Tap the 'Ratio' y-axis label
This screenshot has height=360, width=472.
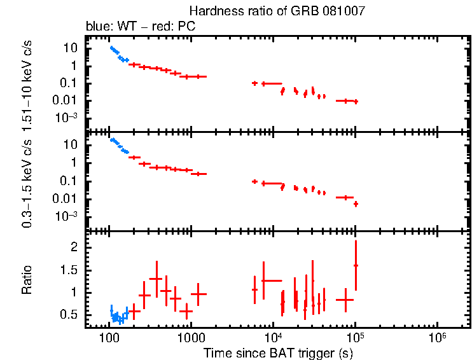(x=27, y=280)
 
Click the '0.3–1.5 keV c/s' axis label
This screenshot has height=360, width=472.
(x=27, y=181)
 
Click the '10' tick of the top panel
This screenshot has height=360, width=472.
(x=71, y=48)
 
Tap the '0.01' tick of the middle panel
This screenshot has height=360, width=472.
(x=67, y=198)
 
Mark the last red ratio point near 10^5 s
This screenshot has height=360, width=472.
(x=356, y=265)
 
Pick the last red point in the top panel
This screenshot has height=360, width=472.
(x=356, y=102)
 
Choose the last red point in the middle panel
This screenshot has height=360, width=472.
(x=356, y=204)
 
